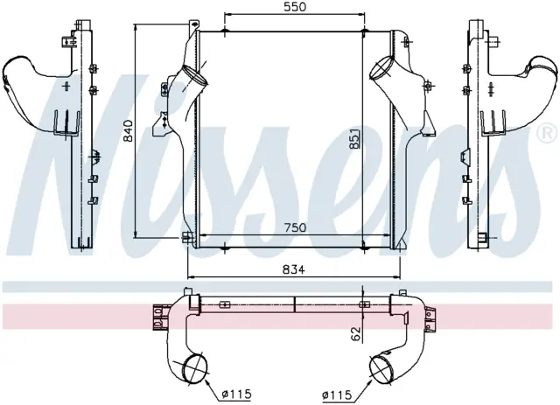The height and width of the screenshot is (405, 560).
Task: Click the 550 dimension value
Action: coord(295,7)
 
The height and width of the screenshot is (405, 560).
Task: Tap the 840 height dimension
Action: coord(128,130)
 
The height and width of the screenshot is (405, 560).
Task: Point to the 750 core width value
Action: coord(295,227)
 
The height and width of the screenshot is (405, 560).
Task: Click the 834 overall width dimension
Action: coord(294,269)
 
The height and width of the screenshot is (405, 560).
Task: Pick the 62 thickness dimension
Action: coord(356,333)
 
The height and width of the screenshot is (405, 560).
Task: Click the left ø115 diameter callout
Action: coord(237,394)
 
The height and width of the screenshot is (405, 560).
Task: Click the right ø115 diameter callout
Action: coord(337,395)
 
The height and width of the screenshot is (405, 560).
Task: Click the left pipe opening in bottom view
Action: coord(194,368)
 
